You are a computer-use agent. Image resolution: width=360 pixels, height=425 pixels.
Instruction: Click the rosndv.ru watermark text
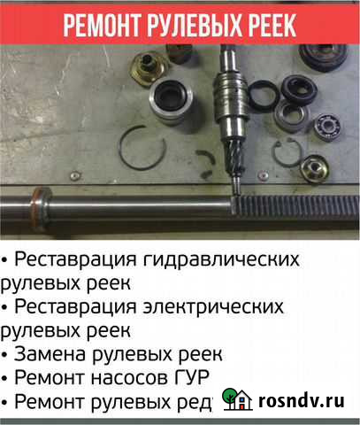coord(301,400)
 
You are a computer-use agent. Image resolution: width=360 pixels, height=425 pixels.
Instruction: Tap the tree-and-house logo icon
coord(238,399)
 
